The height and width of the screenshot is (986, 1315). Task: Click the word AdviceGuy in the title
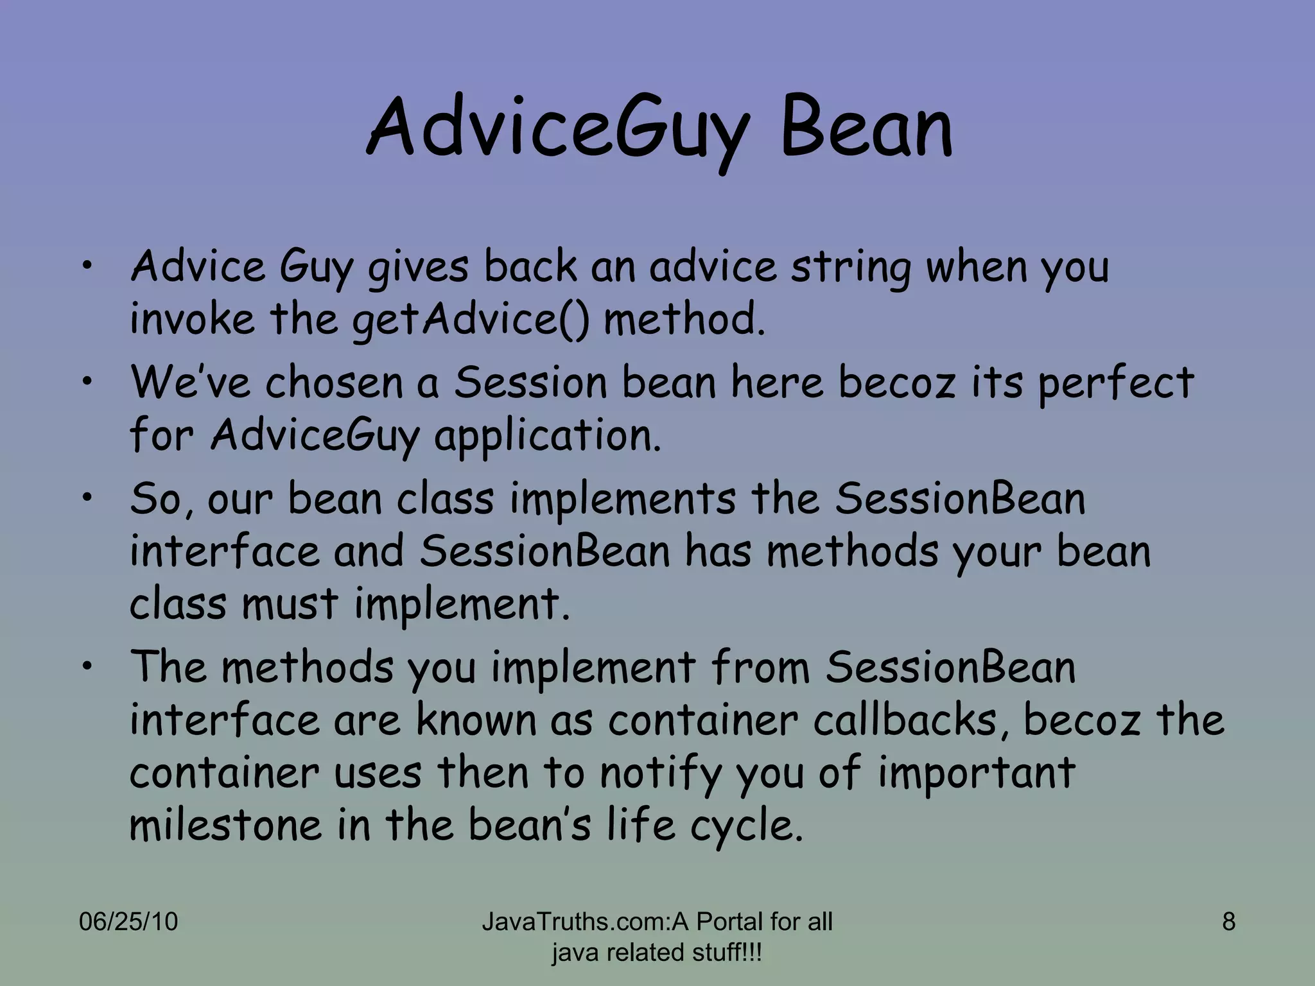pyautogui.click(x=557, y=128)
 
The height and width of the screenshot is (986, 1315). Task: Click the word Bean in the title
pyautogui.click(x=867, y=128)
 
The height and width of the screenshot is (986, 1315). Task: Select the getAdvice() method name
pyautogui.click(x=470, y=319)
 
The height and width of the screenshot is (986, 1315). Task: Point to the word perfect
pyautogui.click(x=1115, y=383)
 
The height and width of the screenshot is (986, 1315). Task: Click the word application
pyautogui.click(x=547, y=437)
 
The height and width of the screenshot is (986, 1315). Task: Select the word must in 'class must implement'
pyautogui.click(x=290, y=604)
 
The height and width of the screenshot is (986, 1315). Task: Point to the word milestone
pyautogui.click(x=225, y=826)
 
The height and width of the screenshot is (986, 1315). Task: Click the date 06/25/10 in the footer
pyautogui.click(x=128, y=922)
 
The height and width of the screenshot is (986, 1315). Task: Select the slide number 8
pyautogui.click(x=1228, y=922)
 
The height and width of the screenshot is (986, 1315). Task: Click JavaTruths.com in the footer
pyautogui.click(x=575, y=922)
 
